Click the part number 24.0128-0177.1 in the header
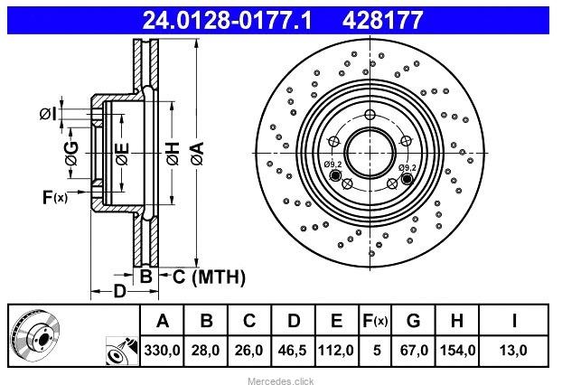(227, 20)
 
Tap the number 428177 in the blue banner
(382, 20)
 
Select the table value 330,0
(162, 351)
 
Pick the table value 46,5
(292, 351)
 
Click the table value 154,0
(457, 351)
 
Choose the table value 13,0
(513, 351)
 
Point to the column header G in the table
(413, 321)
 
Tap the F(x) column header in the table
(375, 321)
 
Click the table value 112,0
(336, 351)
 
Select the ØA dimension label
(198, 154)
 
